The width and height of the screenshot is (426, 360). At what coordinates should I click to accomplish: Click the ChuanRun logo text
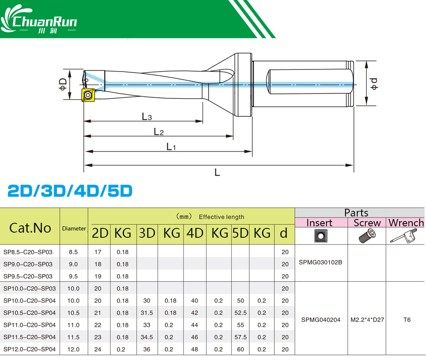(45, 21)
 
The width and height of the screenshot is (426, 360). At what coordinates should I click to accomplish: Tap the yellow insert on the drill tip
(88, 95)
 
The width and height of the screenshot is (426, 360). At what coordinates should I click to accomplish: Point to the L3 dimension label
(147, 117)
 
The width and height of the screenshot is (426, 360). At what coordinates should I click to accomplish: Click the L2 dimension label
(158, 132)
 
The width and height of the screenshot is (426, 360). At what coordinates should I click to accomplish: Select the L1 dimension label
(171, 147)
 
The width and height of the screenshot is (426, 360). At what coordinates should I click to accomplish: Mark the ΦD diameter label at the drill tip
(63, 84)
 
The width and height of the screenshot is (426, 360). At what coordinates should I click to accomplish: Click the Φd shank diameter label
(374, 84)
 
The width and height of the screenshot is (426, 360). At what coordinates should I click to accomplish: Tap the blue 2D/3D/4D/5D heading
(70, 190)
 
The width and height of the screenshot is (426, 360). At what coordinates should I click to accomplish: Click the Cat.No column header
(30, 228)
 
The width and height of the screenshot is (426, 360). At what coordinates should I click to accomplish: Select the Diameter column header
(74, 228)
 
